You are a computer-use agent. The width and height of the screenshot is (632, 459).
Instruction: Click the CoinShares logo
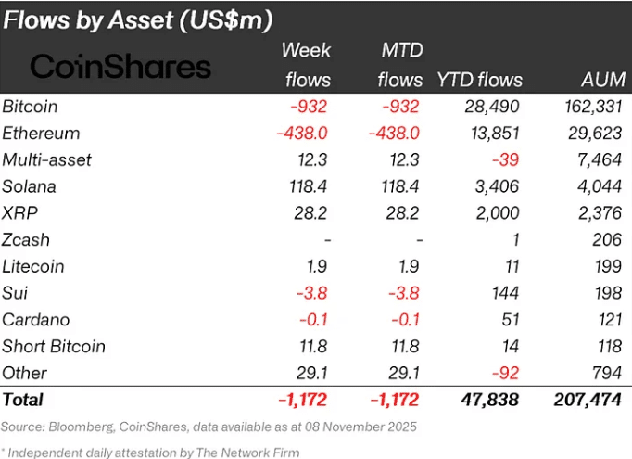click(x=121, y=66)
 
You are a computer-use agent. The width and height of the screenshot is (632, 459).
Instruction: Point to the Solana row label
click(x=30, y=186)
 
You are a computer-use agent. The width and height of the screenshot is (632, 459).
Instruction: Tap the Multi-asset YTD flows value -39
click(x=507, y=160)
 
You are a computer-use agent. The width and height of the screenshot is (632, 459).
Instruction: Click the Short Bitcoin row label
click(x=54, y=347)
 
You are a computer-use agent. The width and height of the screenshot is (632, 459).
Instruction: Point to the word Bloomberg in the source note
click(x=84, y=427)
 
